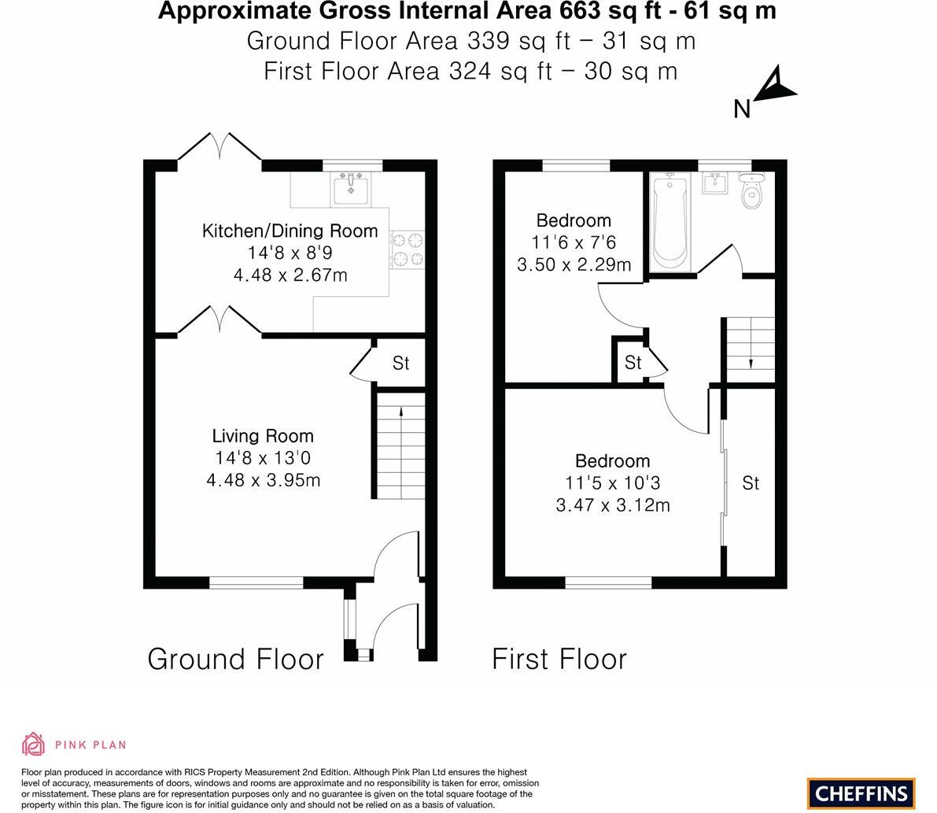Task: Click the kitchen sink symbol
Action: (351, 188)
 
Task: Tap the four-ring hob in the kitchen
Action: (407, 249)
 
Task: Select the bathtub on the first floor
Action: (670, 222)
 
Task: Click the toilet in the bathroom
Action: (751, 190)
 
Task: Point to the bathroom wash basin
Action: (714, 183)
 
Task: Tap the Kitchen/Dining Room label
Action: (290, 231)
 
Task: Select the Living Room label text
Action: (263, 436)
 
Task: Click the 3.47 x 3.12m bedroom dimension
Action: (613, 505)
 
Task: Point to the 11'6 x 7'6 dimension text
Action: (574, 242)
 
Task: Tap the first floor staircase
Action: (751, 349)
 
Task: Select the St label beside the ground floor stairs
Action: (401, 363)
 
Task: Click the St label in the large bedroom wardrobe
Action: (751, 483)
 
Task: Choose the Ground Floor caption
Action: (235, 660)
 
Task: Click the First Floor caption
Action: (559, 660)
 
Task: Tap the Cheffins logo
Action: (861, 793)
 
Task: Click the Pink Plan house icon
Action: (34, 745)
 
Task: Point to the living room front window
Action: (256, 582)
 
